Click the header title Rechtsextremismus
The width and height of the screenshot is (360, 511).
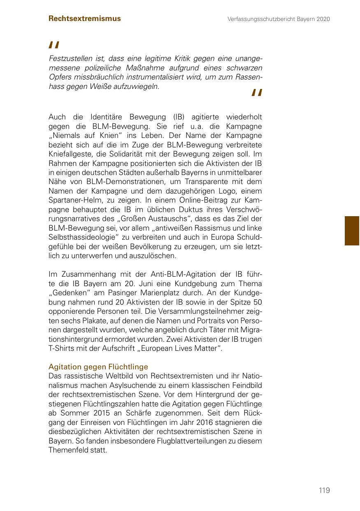point(84,19)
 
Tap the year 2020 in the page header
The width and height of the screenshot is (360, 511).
point(323,19)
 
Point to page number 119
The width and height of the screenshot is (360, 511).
point(324,490)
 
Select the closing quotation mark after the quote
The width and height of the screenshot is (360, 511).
point(256,94)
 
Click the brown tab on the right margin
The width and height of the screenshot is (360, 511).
point(352,231)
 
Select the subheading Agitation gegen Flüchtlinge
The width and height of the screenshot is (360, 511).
point(98,366)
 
